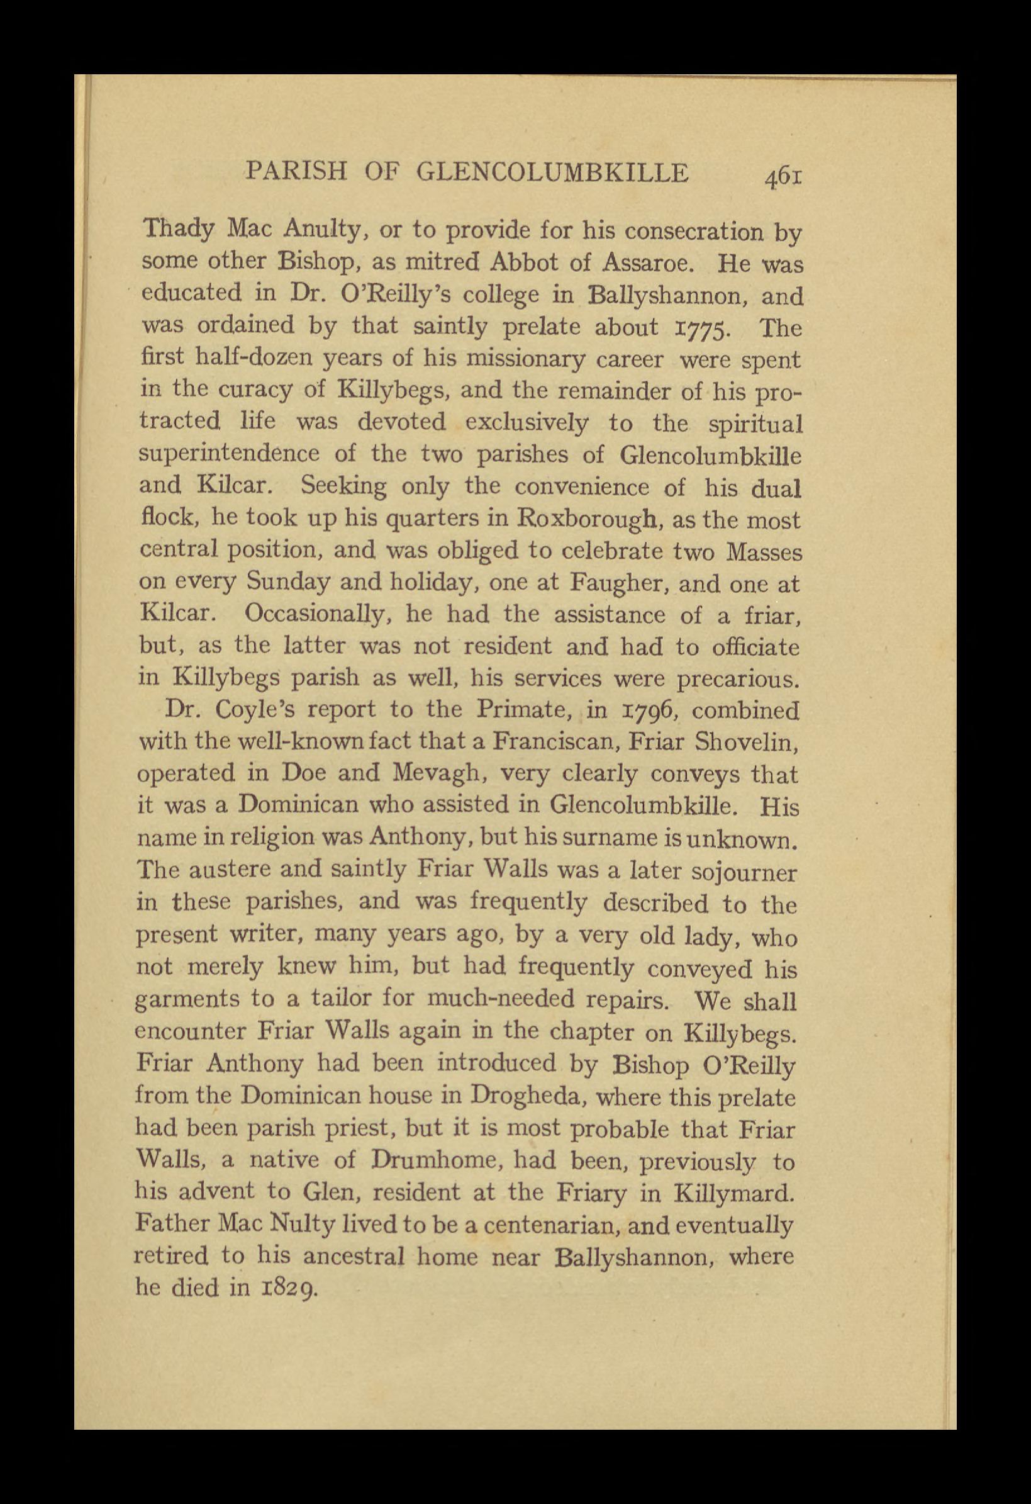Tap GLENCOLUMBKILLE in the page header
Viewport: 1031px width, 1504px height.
pos(553,173)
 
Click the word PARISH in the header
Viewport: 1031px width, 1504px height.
pos(297,173)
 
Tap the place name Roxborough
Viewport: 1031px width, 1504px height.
pos(587,519)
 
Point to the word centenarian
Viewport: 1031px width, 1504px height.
pos(549,1225)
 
